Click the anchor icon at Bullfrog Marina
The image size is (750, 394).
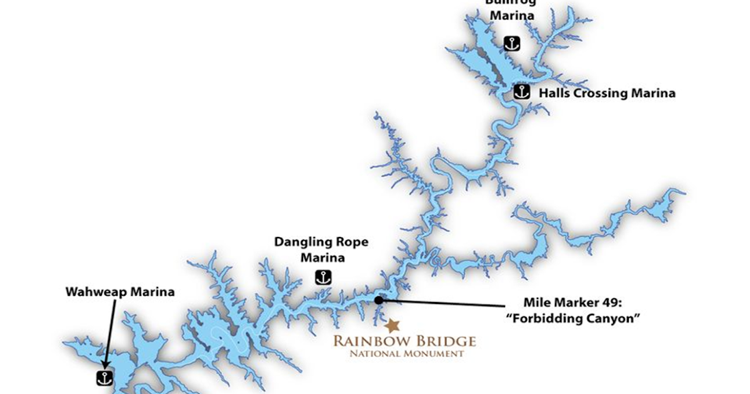click(512, 44)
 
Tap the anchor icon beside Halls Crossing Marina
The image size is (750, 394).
click(522, 92)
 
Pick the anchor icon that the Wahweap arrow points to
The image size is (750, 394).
click(104, 378)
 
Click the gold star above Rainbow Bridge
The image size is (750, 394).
click(392, 326)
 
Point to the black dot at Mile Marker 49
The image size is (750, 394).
click(378, 300)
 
